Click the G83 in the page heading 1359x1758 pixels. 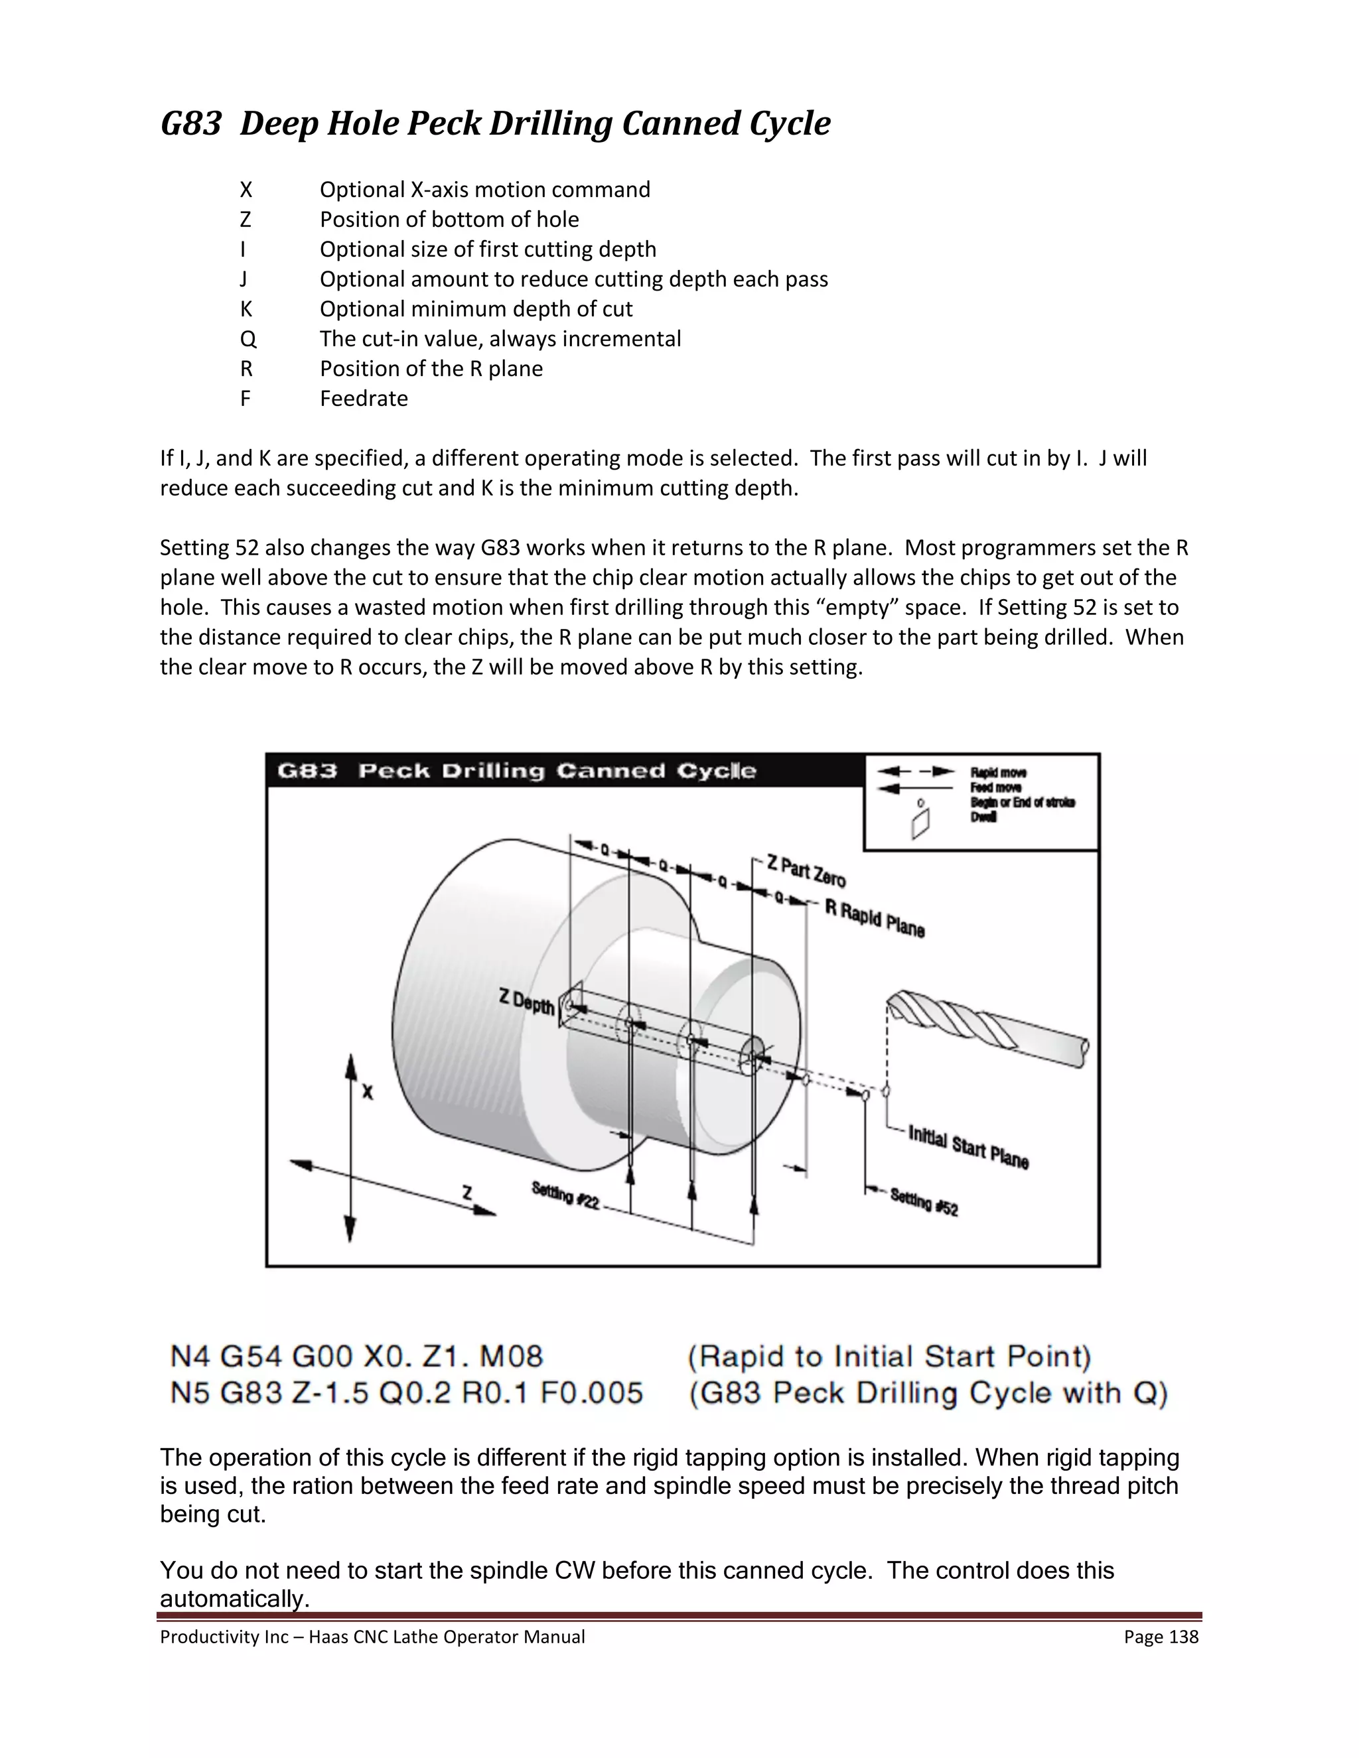191,124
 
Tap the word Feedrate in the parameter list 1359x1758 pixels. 363,399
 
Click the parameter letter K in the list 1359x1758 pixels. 246,310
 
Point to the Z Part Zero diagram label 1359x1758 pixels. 805,871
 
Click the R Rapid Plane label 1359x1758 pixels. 875,918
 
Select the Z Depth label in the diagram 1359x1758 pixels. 526,1002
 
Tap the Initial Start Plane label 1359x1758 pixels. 969,1147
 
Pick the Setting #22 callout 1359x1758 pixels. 565,1195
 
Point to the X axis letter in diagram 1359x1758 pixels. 367,1093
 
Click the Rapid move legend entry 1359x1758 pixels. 997,773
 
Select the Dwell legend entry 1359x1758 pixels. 983,817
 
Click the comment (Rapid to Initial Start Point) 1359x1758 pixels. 889,1357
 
